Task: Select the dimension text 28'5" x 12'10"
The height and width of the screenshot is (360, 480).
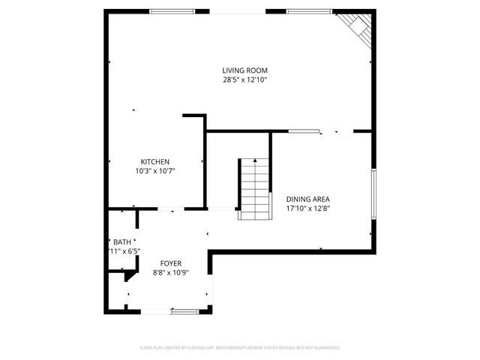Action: point(244,79)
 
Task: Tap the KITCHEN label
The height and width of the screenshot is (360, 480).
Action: point(155,162)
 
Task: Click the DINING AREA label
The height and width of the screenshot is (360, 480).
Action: point(308,199)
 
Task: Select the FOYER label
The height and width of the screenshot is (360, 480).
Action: point(170,264)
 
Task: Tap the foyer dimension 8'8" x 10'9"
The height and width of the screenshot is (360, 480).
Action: point(170,273)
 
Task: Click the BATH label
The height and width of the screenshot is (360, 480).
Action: point(121,241)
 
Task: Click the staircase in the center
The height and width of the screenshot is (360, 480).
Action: point(253,189)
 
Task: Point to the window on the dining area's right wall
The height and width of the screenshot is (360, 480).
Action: point(373,193)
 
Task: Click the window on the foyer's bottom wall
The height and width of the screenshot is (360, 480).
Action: point(184,310)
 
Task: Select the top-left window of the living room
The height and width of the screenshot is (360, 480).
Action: point(172,11)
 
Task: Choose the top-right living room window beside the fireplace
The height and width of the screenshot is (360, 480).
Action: point(309,11)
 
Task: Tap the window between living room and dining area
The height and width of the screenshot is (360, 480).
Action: point(303,131)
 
